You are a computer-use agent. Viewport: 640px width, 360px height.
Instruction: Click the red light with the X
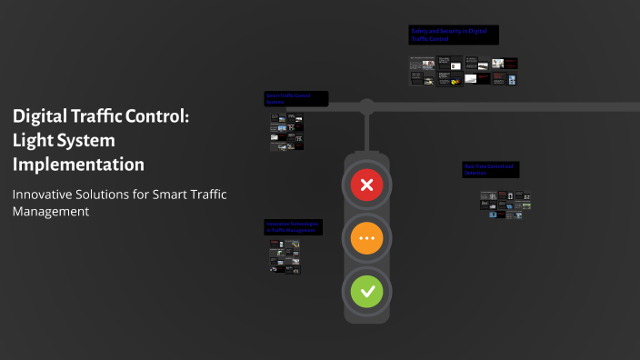367,186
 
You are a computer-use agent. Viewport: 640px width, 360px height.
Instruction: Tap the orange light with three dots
367,239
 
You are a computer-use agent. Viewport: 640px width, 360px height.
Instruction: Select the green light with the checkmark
367,292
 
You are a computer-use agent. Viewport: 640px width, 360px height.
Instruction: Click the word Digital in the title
45,117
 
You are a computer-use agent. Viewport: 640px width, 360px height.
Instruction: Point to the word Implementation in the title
78,165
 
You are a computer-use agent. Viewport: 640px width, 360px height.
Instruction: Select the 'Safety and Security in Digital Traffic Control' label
453,35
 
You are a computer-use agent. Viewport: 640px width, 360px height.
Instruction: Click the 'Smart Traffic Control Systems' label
295,98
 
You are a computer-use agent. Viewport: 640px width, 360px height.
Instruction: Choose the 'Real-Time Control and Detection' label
490,169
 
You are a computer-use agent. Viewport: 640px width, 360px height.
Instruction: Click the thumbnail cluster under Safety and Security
463,71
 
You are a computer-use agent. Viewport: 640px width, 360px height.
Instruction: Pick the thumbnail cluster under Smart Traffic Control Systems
286,131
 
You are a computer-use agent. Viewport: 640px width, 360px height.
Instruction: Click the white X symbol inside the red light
367,186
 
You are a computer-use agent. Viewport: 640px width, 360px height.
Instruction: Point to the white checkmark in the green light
367,292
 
